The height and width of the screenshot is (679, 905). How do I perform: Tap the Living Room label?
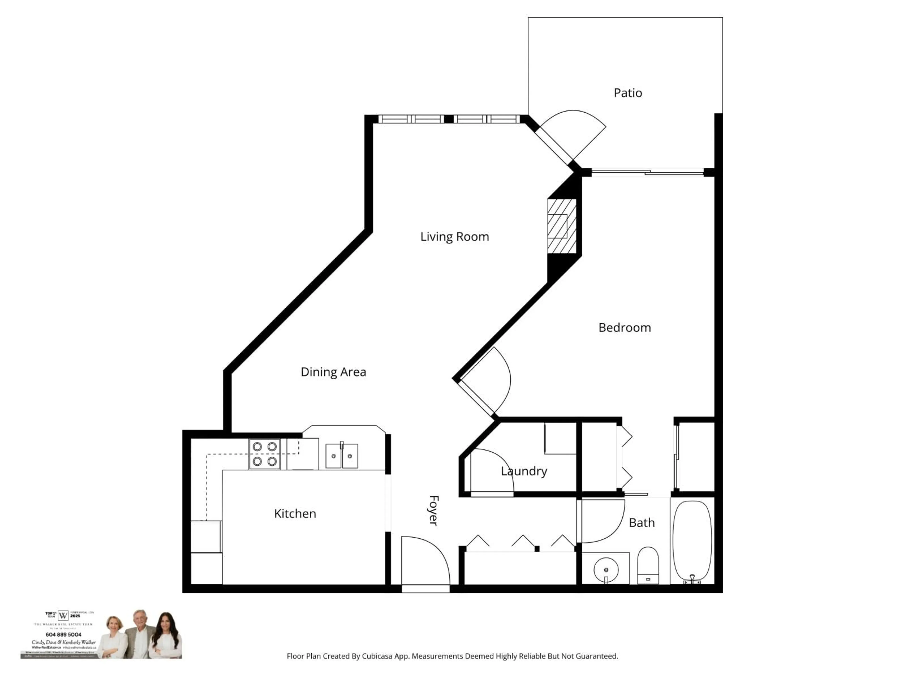455,236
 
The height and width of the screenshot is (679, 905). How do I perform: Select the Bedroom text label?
624,327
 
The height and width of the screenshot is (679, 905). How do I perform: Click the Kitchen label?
295,514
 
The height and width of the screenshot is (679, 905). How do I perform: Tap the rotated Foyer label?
434,511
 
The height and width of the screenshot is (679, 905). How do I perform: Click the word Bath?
642,523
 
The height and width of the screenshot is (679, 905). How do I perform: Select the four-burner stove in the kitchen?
265,454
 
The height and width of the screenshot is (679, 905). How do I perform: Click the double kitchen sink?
342,455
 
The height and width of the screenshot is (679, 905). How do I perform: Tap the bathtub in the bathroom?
692,540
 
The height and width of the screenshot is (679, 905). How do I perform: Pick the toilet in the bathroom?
648,565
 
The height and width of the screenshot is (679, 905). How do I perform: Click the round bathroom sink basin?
606,569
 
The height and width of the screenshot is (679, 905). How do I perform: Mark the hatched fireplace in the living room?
562,226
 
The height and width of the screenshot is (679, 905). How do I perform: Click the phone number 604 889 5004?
63,634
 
